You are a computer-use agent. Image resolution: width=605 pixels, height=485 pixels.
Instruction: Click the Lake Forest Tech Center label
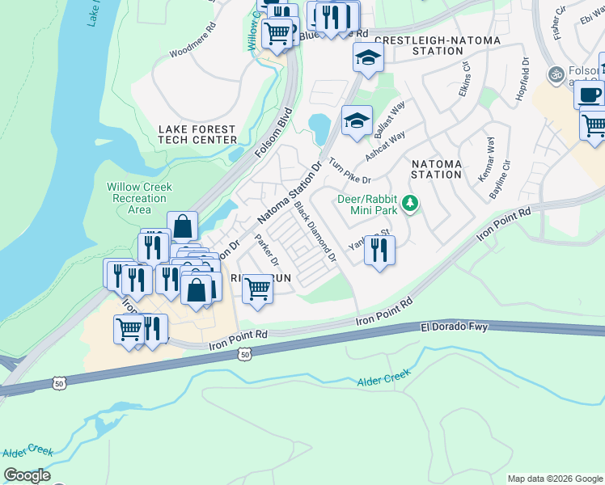point(197,134)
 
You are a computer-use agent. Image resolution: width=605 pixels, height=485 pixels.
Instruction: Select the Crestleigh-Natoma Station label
point(438,45)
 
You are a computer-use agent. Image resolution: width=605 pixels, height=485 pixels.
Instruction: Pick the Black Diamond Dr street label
point(315,231)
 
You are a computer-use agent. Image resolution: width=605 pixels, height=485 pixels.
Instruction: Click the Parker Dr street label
point(267,251)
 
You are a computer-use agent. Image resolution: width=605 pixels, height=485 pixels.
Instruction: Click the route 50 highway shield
point(243,353)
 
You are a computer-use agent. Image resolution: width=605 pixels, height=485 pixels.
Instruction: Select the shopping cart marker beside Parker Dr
point(257,288)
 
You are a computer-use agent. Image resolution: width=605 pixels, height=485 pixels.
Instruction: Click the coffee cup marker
point(589,94)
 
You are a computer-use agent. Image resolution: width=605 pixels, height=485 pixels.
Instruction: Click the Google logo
point(27,474)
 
